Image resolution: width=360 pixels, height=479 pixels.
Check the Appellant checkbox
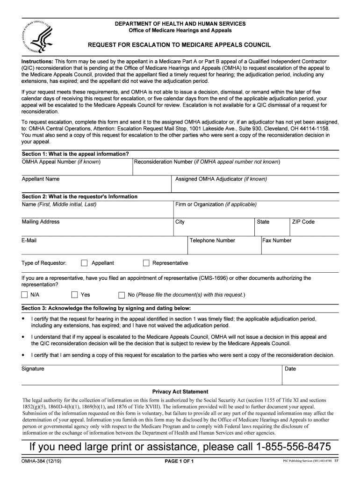pyautogui.click(x=84, y=263)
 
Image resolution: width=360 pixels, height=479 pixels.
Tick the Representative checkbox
pyautogui.click(x=146, y=263)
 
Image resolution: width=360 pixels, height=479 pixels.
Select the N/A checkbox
pyautogui.click(x=24, y=295)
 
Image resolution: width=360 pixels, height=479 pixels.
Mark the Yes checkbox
pyautogui.click(x=74, y=295)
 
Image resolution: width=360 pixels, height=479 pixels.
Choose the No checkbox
pyautogui.click(x=122, y=295)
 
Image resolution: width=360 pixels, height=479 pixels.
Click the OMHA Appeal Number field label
pyautogui.click(x=61, y=162)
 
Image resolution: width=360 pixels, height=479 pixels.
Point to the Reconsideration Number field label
pyautogui.click(x=207, y=162)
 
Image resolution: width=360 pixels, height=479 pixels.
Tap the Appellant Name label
pyautogui.click(x=41, y=179)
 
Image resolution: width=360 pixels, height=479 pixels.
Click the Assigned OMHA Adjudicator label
pyautogui.click(x=221, y=179)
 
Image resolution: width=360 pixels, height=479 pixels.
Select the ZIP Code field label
pyautogui.click(x=303, y=222)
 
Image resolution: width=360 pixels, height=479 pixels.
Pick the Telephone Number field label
pyautogui.click(x=212, y=240)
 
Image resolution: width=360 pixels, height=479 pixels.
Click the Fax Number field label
pyautogui.click(x=277, y=240)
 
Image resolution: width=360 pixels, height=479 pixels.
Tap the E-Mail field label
pyautogui.click(x=29, y=240)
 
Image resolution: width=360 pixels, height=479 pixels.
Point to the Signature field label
pyautogui.click(x=33, y=369)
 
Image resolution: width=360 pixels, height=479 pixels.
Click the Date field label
pyautogui.click(x=290, y=369)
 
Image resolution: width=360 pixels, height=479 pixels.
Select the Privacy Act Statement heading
pyautogui.click(x=180, y=392)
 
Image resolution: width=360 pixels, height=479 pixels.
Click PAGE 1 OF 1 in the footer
pyautogui.click(x=180, y=462)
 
